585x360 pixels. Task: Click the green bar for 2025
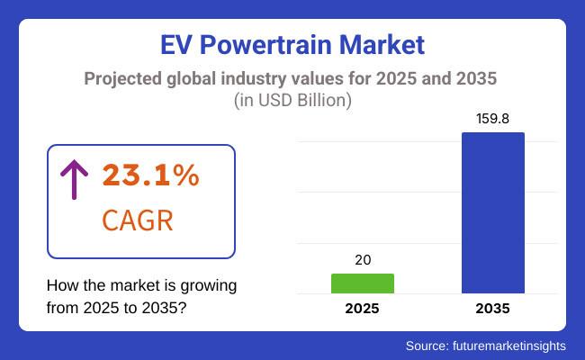362,283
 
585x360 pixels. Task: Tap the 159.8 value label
493,119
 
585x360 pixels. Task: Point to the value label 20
362,259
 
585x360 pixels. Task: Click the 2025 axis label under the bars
362,309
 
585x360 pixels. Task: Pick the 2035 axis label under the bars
493,309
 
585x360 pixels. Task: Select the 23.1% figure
150,176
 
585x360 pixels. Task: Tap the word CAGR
138,221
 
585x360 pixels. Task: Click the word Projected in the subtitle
124,77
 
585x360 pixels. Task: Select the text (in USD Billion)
292,99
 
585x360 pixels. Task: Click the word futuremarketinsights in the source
514,345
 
